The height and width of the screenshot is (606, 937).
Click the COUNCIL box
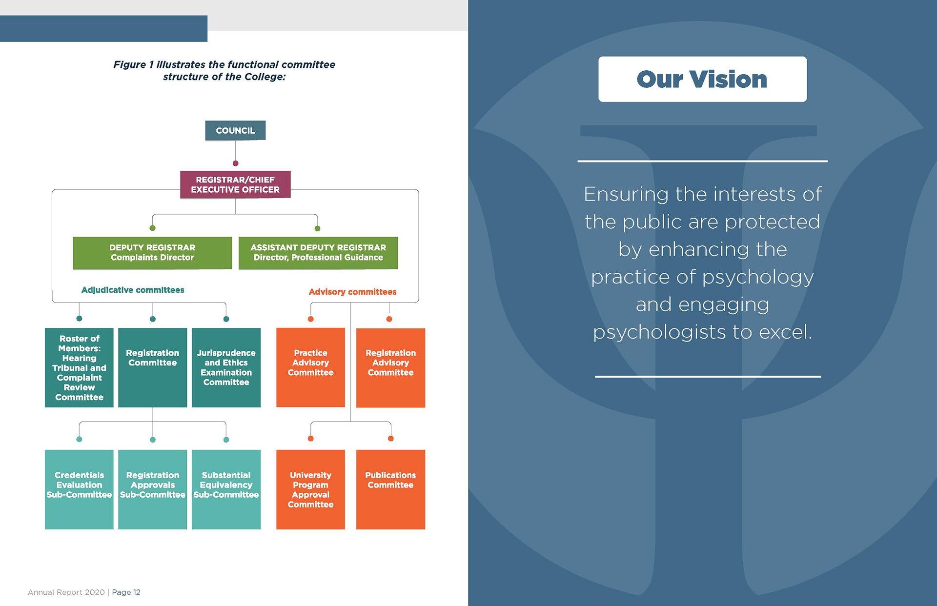235,130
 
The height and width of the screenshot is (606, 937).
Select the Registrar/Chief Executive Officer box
235,184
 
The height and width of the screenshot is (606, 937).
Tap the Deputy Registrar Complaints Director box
152,253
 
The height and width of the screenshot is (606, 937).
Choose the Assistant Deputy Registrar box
318,253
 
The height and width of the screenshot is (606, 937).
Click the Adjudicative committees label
133,290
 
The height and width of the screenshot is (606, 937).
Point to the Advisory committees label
352,292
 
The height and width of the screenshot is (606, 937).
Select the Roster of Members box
79,367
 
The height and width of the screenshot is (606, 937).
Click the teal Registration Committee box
152,367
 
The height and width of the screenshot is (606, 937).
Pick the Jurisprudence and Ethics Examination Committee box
226,367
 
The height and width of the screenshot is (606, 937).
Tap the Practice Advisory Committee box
310,367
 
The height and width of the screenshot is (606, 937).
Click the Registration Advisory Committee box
390,367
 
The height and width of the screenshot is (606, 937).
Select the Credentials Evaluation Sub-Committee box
79,489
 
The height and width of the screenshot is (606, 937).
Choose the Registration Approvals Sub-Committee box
152,489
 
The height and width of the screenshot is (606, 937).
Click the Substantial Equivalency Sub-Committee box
226,489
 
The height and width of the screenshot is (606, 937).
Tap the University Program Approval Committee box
310,489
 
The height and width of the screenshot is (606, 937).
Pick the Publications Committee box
390,489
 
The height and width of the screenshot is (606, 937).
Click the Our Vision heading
702,79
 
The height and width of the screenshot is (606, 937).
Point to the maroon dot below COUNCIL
235,163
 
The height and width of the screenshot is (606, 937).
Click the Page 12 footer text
126,592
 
